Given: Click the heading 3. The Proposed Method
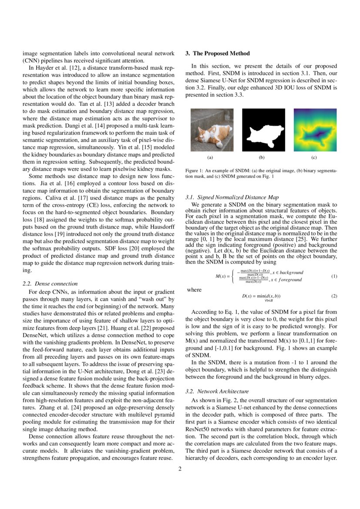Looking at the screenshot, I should [218, 53].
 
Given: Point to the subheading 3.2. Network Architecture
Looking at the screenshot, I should [217, 391].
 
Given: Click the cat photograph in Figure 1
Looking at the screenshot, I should [212, 130].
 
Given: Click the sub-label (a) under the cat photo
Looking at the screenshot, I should [210, 157].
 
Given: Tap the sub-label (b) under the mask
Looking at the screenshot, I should [262, 157].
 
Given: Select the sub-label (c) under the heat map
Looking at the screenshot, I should [314, 157].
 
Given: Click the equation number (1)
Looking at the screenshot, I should [334, 276].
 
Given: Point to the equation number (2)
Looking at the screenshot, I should [334, 296].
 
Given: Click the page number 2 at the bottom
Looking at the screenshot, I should [180, 469].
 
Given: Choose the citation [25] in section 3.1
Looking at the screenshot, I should [306, 239].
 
